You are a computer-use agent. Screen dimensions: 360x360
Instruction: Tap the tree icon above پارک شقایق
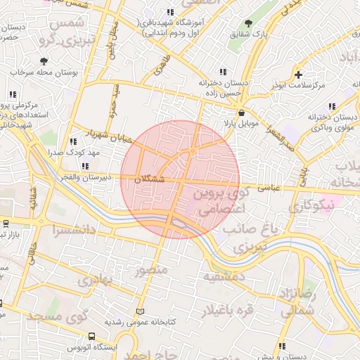[248, 22]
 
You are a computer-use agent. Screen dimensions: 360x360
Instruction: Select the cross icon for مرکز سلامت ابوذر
[299, 75]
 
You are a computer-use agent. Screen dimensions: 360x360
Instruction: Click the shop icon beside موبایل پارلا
[242, 112]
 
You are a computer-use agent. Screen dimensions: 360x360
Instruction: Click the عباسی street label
[269, 188]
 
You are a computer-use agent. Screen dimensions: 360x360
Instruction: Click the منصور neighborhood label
[150, 271]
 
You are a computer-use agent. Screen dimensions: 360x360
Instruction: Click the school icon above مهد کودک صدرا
[73, 141]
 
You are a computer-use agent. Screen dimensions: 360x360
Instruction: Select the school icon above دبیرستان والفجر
[85, 167]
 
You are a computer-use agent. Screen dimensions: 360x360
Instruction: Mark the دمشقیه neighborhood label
[224, 277]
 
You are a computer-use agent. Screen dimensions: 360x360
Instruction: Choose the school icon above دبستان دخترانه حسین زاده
[224, 72]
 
